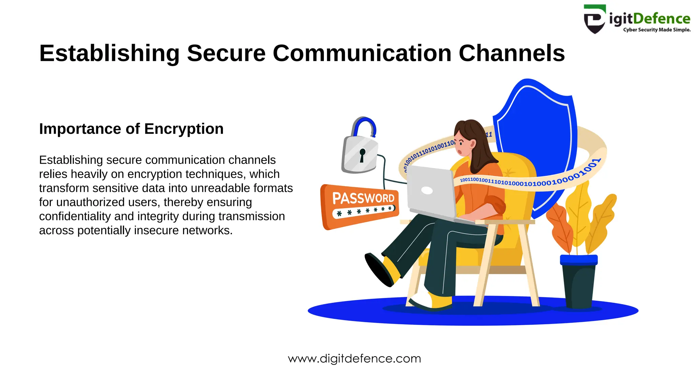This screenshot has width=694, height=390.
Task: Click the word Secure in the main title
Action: coord(226,53)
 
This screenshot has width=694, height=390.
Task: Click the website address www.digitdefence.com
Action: coord(354,359)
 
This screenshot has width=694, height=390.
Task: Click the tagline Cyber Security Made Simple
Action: coord(657,30)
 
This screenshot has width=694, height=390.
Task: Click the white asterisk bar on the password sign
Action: coord(364,211)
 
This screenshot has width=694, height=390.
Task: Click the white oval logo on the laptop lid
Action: coord(427,191)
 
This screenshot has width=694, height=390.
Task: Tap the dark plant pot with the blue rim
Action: coord(578,281)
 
